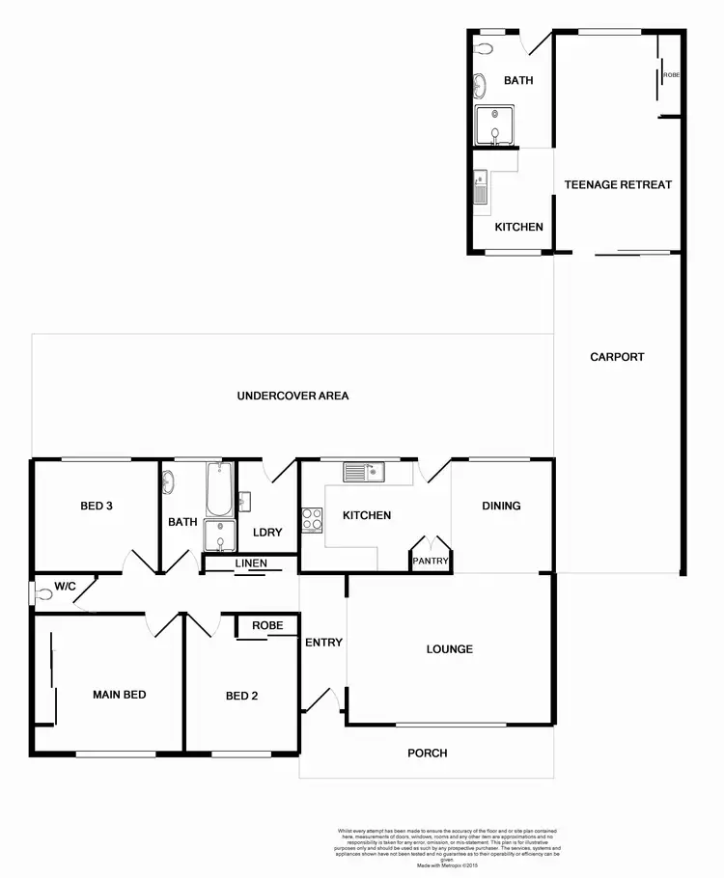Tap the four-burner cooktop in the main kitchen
[x=313, y=519]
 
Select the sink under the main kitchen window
[x=364, y=472]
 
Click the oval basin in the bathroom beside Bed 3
[x=168, y=480]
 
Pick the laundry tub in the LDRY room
[x=244, y=501]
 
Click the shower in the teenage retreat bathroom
[x=494, y=126]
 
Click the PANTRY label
[x=427, y=561]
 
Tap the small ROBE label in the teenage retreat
[x=671, y=73]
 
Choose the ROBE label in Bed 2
[x=267, y=625]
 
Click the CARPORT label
[x=617, y=357]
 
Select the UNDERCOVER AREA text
[x=292, y=396]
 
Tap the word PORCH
[x=427, y=753]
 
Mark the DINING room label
[x=501, y=506]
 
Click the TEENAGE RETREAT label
[x=618, y=184]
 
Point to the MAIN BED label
[x=119, y=695]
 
